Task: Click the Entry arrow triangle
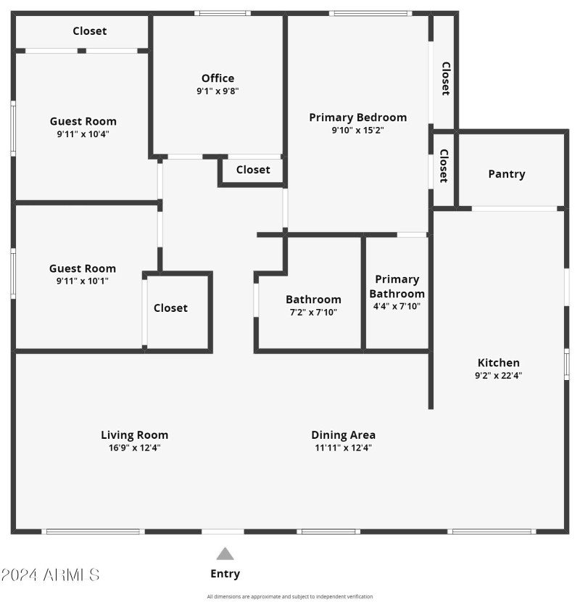point(225,554)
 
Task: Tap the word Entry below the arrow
point(225,574)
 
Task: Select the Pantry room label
point(507,174)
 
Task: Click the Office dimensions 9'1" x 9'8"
point(217,91)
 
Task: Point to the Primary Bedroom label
point(357,117)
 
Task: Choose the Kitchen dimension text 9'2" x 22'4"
point(498,376)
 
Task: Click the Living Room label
point(134,435)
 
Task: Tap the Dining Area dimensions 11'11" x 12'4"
point(343,448)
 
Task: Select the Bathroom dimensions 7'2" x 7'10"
point(313,313)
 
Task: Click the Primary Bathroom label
point(397,286)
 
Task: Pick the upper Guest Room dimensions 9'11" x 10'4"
point(83,134)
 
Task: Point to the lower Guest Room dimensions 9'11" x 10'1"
point(83,281)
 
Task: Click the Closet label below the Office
point(253,170)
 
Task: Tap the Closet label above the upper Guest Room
point(89,31)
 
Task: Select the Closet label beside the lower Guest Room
point(170,308)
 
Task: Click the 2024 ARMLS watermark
point(50,575)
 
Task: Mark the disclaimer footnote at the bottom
point(290,597)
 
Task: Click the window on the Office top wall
point(223,12)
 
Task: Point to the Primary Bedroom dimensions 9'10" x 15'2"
point(357,131)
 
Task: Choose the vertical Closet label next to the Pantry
point(444,166)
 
